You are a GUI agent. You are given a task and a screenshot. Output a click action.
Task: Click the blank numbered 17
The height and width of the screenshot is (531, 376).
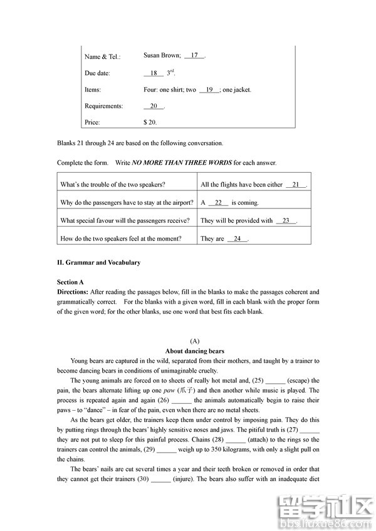(x=194, y=56)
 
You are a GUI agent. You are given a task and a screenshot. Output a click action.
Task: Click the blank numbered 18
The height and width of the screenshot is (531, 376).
(x=154, y=73)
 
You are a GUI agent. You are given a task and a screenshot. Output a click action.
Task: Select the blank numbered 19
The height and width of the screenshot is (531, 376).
(x=209, y=90)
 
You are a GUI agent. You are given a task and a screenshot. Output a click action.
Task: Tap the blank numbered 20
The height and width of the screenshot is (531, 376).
(x=154, y=106)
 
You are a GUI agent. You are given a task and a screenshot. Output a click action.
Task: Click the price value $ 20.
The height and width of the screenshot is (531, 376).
(x=150, y=122)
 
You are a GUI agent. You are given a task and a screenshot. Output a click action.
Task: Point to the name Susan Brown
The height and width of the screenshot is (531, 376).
(x=162, y=55)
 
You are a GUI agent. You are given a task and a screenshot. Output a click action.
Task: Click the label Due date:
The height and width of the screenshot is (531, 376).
(x=97, y=73)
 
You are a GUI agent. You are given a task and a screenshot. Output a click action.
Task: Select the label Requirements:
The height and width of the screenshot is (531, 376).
(x=104, y=106)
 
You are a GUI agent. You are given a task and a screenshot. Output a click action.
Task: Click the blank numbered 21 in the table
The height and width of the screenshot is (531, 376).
(x=296, y=185)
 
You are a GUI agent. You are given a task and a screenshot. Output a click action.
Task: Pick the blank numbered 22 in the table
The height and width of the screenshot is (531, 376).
(x=218, y=203)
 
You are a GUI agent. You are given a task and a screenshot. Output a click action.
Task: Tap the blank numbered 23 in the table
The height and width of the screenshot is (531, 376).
(x=286, y=220)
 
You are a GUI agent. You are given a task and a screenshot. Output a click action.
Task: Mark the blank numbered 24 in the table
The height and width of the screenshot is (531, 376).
(x=238, y=239)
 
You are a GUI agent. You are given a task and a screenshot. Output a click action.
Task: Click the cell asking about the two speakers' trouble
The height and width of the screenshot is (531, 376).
(x=113, y=185)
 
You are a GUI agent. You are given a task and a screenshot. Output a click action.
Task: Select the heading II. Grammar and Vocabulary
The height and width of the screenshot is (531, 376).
(x=98, y=262)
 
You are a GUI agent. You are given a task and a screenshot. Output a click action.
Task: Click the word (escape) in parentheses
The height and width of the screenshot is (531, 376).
(x=298, y=381)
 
